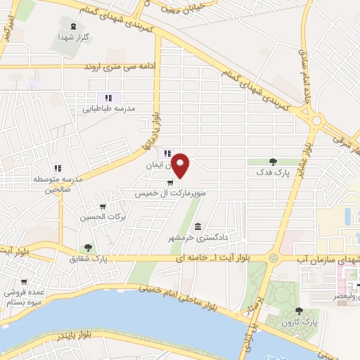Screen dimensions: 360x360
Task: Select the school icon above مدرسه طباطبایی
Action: pyautogui.click(x=108, y=98)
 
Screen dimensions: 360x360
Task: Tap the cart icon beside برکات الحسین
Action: pyautogui.click(x=104, y=207)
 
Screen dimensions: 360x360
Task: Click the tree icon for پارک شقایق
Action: pyautogui.click(x=88, y=247)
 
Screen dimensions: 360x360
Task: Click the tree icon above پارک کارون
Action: pyautogui.click(x=300, y=310)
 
